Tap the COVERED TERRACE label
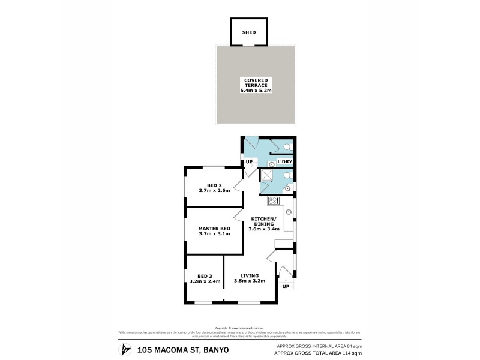(256, 82)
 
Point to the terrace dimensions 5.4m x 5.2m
(256, 91)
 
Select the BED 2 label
(214, 185)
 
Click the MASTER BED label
(214, 229)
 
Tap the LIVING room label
(246, 275)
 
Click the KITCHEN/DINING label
(263, 221)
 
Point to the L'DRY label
(284, 162)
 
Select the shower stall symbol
(266, 175)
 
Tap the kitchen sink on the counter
(289, 212)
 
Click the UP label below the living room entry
(286, 286)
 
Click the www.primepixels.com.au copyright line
(239, 328)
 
